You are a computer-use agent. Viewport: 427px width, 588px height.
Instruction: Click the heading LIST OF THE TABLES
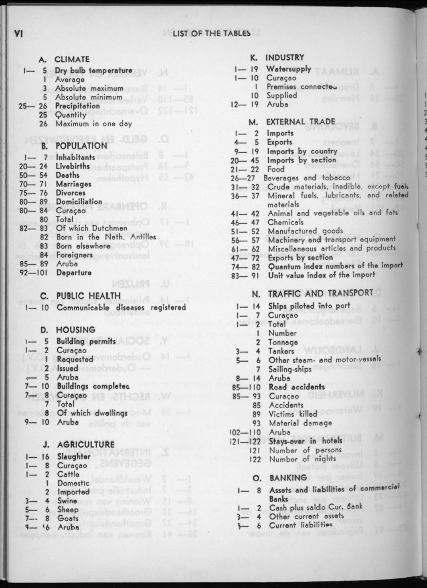(x=211, y=34)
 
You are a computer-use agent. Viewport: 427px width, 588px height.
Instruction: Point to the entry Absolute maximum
(x=88, y=88)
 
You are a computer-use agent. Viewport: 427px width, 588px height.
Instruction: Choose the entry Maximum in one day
(x=93, y=124)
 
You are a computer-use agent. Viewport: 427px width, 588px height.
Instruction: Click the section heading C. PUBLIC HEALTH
(x=80, y=296)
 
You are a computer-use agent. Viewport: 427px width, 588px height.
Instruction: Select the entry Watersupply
(x=289, y=69)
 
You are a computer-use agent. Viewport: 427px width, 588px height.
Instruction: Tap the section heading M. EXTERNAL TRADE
(x=293, y=122)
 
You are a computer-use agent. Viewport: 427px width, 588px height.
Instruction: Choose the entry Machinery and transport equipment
(x=332, y=240)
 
